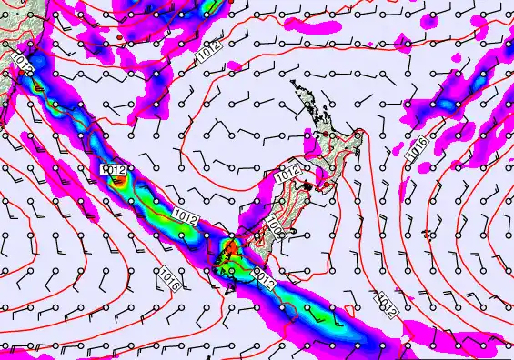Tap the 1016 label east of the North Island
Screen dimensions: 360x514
(x=420, y=155)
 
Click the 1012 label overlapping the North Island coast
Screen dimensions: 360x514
(x=287, y=172)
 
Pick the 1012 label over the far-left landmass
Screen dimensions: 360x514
(x=23, y=62)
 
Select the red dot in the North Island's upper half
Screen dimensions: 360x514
(x=321, y=136)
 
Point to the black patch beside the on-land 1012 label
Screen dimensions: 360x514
(x=309, y=185)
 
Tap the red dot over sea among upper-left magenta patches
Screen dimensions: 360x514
(x=119, y=37)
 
